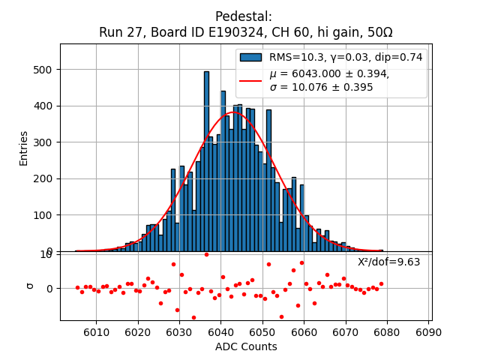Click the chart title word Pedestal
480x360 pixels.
[x=244, y=16]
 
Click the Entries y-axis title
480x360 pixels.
[x=24, y=148]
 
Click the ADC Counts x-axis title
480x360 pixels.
[x=246, y=346]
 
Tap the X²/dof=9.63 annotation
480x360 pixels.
[x=388, y=262]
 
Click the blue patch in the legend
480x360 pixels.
[x=250, y=57]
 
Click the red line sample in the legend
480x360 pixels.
[x=250, y=80]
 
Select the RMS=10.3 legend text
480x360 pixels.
[x=296, y=57]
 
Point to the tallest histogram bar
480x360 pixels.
[x=206, y=72]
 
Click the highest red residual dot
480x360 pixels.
[x=206, y=254]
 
